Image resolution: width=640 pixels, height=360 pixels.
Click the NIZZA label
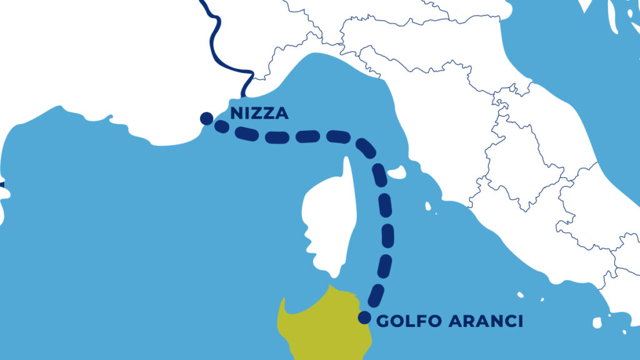259,114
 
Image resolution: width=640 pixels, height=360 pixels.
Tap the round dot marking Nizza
206,118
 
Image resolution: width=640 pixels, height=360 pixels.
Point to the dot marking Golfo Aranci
364,317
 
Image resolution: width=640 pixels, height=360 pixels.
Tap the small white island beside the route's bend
398,172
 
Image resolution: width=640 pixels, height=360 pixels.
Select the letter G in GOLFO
382,321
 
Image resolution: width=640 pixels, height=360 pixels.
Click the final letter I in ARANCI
519,321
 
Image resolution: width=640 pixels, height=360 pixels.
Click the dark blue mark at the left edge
1,185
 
